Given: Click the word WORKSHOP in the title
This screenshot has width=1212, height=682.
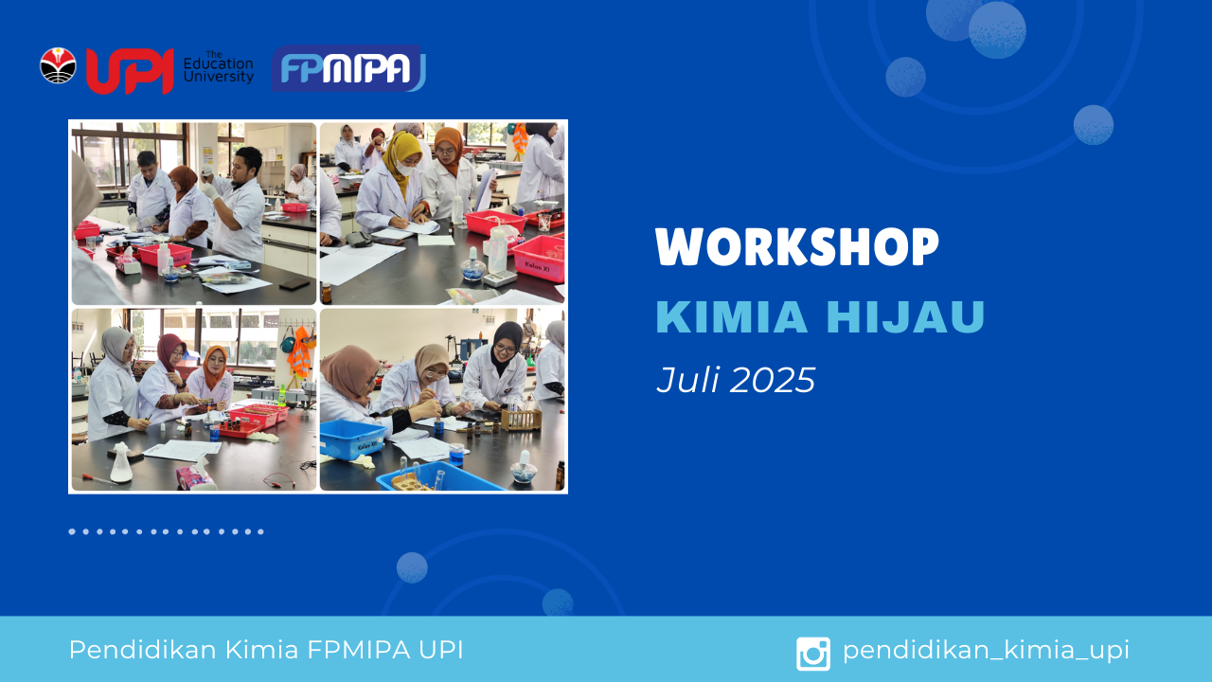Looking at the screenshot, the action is click(x=797, y=246).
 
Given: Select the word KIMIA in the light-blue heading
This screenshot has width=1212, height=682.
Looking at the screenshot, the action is click(x=732, y=316).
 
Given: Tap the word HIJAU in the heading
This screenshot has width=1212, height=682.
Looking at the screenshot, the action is click(x=906, y=316).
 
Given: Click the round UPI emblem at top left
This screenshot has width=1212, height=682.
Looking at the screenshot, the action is click(x=58, y=66).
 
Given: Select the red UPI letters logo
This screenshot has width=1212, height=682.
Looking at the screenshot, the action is click(x=130, y=71).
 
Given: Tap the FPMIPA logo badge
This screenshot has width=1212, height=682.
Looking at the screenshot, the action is click(x=348, y=68).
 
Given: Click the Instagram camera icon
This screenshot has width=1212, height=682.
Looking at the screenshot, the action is click(x=812, y=654).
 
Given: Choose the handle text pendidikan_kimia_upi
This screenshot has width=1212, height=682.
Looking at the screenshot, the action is click(x=986, y=650).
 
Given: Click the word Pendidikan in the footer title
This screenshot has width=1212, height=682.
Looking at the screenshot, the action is click(x=143, y=650).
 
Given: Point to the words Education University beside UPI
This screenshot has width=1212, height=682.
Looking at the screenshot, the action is click(x=219, y=70).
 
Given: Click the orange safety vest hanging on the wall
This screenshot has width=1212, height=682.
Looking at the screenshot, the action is click(x=298, y=352).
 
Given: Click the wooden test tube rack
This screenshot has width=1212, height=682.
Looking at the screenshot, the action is click(x=521, y=419).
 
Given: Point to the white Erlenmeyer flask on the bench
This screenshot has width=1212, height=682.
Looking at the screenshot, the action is click(x=120, y=463).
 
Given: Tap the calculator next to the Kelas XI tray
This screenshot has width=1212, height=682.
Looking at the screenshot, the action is click(x=499, y=278).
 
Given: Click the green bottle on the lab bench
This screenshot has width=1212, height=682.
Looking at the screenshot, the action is click(x=282, y=396).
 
